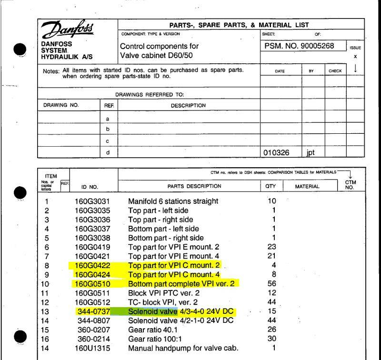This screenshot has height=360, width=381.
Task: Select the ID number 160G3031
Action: pyautogui.click(x=93, y=201)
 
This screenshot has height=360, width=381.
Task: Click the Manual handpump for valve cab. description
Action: pyautogui.click(x=183, y=348)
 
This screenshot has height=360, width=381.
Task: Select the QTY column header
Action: pyautogui.click(x=271, y=186)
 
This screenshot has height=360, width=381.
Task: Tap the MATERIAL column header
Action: pyautogui.click(x=307, y=186)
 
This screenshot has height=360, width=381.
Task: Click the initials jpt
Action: pyautogui.click(x=311, y=153)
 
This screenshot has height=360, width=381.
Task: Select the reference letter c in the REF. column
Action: pyautogui.click(x=108, y=141)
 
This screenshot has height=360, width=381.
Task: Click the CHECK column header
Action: pyautogui.click(x=335, y=71)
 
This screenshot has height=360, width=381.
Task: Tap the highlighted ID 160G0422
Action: pyautogui.click(x=93, y=265)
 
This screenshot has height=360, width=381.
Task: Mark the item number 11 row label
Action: pyautogui.click(x=47, y=293)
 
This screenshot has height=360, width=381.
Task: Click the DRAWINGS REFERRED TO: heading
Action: pyautogui.click(x=150, y=95)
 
